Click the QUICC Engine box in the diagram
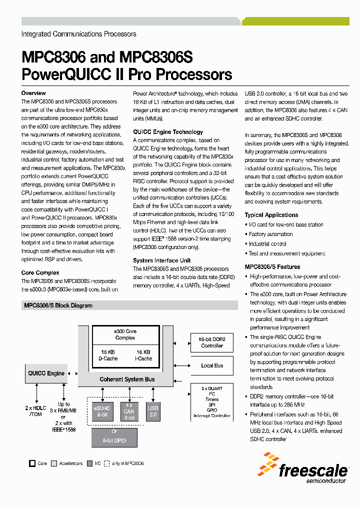46,373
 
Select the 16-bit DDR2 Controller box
212,342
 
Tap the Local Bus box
212,365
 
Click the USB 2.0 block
153,411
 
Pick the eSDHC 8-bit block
101,411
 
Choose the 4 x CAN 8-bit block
129,411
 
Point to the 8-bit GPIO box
114,436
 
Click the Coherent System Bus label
127,379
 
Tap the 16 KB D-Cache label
108,355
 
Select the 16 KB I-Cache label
144,355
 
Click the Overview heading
33,93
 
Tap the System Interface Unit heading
161,260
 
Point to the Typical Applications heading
271,215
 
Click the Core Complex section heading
40,272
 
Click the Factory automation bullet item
271,234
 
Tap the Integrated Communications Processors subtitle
78,34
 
